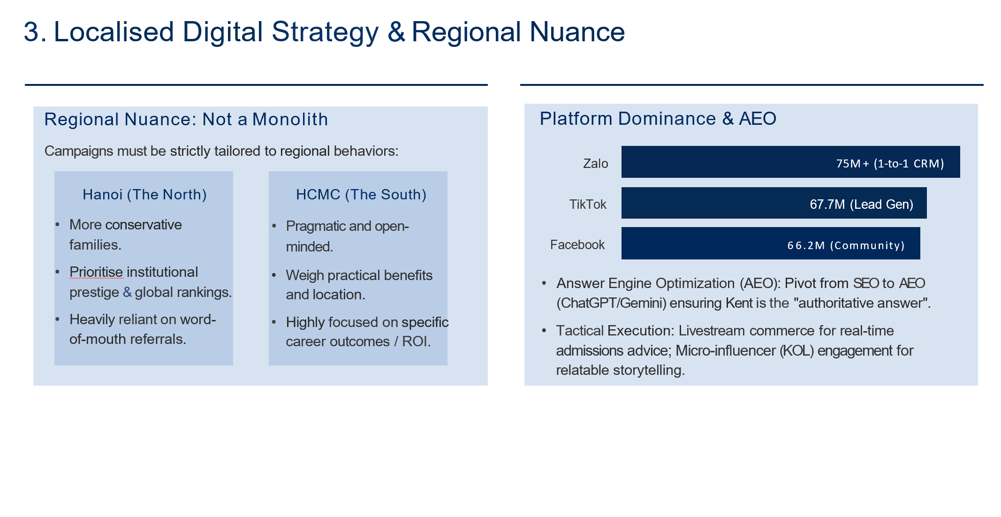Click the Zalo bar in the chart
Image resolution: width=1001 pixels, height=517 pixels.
click(x=790, y=162)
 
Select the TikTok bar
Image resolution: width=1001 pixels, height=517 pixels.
click(x=774, y=203)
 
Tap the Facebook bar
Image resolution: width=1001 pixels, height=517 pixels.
click(x=771, y=243)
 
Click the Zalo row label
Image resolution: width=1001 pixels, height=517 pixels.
click(x=595, y=164)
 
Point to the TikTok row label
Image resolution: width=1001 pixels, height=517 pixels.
click(x=588, y=205)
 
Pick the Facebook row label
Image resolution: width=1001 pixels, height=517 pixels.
click(x=577, y=245)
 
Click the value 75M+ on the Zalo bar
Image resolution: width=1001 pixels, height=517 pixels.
click(x=853, y=163)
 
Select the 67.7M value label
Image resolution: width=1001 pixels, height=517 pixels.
click(x=827, y=205)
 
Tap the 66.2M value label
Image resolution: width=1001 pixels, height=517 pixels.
click(x=806, y=245)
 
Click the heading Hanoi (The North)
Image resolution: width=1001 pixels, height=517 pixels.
click(x=144, y=195)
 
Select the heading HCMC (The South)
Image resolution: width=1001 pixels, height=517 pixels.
click(x=361, y=195)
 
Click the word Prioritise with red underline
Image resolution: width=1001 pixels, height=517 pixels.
click(x=96, y=272)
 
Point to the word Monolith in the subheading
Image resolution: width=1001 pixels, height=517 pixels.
click(x=290, y=120)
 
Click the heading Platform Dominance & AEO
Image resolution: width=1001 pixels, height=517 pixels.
click(x=658, y=119)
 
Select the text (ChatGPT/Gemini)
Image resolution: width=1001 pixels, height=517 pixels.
click(x=611, y=303)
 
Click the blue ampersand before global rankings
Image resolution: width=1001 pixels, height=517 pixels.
click(x=127, y=292)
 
